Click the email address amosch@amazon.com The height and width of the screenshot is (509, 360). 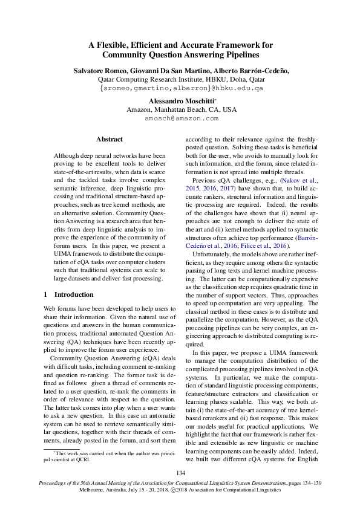(181, 119)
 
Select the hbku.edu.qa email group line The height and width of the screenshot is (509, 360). (181, 88)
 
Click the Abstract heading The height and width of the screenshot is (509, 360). (110, 139)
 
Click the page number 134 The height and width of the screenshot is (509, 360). (180, 473)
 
